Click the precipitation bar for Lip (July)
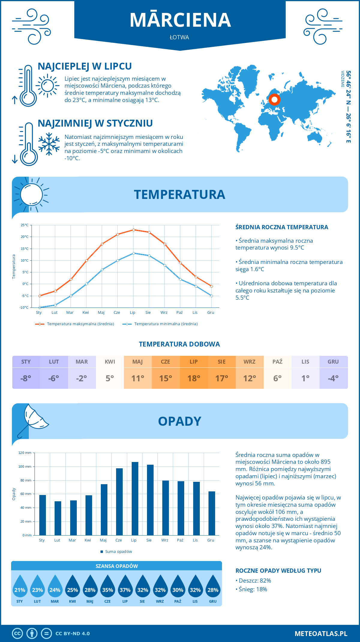[135, 499]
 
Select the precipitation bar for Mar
[73, 518]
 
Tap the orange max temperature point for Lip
[133, 230]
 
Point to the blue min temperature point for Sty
[40, 307]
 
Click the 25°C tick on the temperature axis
[25, 225]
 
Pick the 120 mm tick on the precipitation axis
[25, 453]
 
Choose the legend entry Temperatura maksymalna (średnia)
[75, 324]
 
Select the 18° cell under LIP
[194, 378]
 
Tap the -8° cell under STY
[26, 378]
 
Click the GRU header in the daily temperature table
[333, 362]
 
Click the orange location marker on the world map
[274, 99]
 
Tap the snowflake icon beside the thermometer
[49, 144]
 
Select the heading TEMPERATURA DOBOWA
[179, 344]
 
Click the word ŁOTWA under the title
[179, 37]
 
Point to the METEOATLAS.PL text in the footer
[321, 634]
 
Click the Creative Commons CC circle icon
[17, 634]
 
